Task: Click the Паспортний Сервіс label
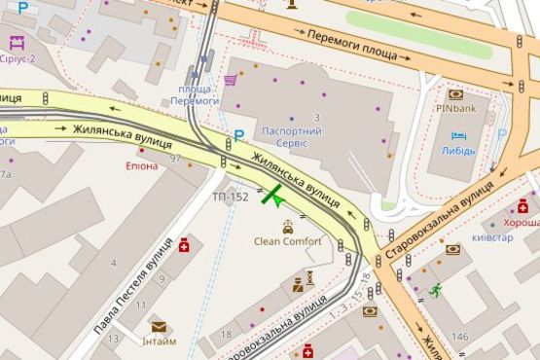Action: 285,136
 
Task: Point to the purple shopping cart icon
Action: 231,81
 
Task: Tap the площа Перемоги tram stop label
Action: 195,94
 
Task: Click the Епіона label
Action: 141,165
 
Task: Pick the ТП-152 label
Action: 231,197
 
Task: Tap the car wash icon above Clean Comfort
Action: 287,227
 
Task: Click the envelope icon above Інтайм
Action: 158,327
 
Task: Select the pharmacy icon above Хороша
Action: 523,205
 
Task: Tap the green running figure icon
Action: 436,289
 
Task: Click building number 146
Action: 459,337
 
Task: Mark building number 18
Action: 227,334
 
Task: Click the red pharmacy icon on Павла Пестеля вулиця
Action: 184,243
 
